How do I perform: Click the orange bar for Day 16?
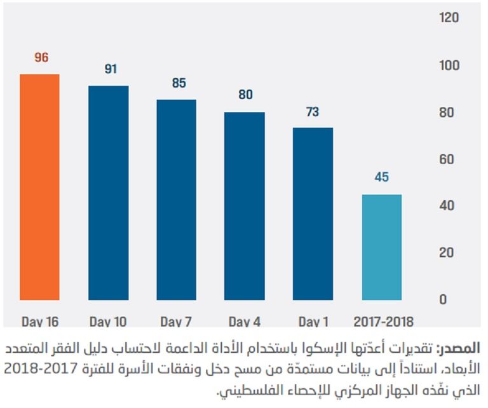(x=39, y=187)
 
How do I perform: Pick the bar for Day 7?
(x=176, y=200)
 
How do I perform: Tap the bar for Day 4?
(x=245, y=206)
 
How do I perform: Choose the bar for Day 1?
(x=313, y=214)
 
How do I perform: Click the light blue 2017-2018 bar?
(x=381, y=247)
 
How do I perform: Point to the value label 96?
(x=41, y=58)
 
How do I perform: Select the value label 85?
(x=178, y=83)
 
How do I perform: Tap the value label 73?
(x=313, y=112)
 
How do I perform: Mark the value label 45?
(x=381, y=177)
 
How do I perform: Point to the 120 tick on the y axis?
(x=449, y=18)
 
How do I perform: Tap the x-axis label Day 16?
(x=39, y=321)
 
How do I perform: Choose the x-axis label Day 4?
(x=245, y=321)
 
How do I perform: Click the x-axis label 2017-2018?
(x=382, y=321)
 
